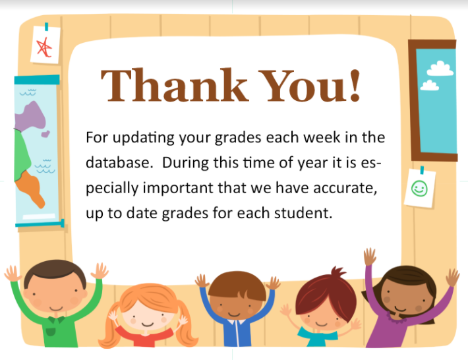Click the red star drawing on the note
44,47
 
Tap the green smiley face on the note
419,189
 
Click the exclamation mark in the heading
355,86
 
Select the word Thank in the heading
175,85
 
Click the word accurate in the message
345,189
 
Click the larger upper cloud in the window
440,69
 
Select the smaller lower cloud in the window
430,85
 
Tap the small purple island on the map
45,134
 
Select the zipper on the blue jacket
238,334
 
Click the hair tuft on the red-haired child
339,272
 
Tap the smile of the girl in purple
400,309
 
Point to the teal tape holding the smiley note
422,170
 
